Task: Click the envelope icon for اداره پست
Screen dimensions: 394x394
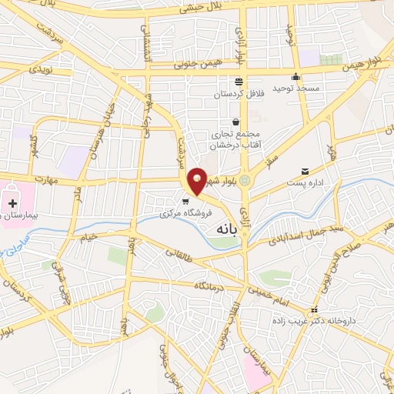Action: pos(306,171)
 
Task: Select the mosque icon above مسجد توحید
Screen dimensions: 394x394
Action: pos(295,77)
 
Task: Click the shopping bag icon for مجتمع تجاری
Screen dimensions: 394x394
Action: pos(235,122)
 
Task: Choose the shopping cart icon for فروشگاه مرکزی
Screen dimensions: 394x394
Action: pos(185,202)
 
